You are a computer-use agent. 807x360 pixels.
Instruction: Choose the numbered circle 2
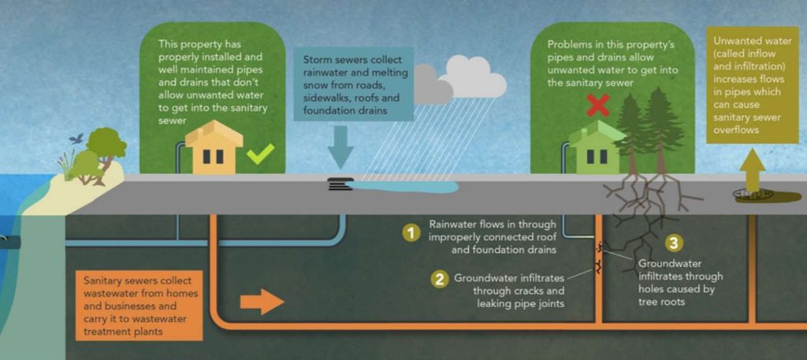pyautogui.click(x=439, y=278)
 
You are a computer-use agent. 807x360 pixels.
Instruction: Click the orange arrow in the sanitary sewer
pyautogui.click(x=261, y=301)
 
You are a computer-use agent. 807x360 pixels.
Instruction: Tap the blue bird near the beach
pyautogui.click(x=76, y=138)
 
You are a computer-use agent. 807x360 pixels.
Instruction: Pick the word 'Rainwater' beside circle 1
pyautogui.click(x=455, y=224)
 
